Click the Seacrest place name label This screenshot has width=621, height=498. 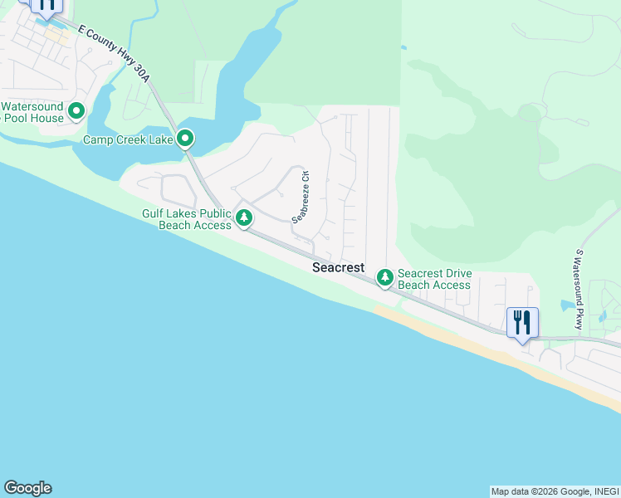338,268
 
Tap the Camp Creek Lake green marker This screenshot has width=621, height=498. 185,139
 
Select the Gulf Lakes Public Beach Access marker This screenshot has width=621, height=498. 243,218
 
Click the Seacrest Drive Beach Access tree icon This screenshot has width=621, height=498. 384,277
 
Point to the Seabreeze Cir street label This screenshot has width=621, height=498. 301,198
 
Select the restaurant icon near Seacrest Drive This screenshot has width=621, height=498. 522,321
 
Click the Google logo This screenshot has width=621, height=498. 27,488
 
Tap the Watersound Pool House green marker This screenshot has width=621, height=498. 76,110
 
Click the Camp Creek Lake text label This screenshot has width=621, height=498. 128,139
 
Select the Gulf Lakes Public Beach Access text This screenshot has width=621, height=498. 187,219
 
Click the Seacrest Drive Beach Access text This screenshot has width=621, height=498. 434,279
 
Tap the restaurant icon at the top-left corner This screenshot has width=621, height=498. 46,5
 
